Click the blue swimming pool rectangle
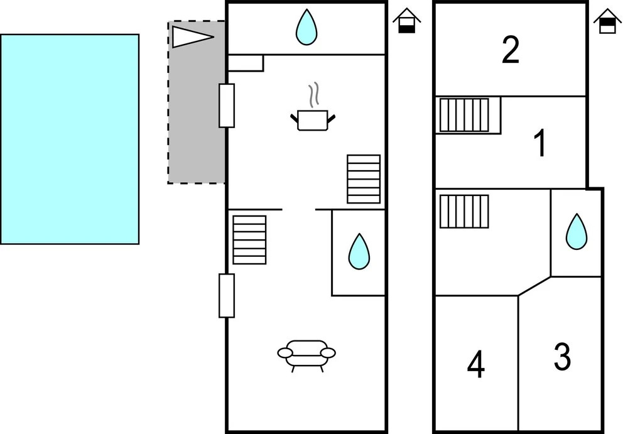[x=70, y=139]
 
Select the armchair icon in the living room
[x=306, y=356]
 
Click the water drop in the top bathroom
[x=306, y=27]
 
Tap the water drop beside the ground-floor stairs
[x=359, y=251]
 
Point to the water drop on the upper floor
[x=577, y=232]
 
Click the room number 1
[x=540, y=143]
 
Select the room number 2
[x=511, y=50]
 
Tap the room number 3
[x=562, y=356]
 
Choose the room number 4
[x=476, y=364]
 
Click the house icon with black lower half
[x=406, y=21]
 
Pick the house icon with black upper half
[x=607, y=21]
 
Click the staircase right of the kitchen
[x=364, y=179]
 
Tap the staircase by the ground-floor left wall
[x=249, y=240]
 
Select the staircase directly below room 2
[x=464, y=115]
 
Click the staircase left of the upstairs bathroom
[x=464, y=212]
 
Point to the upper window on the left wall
[x=227, y=106]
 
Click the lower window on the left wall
[x=227, y=296]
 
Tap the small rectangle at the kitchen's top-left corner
[x=246, y=63]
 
